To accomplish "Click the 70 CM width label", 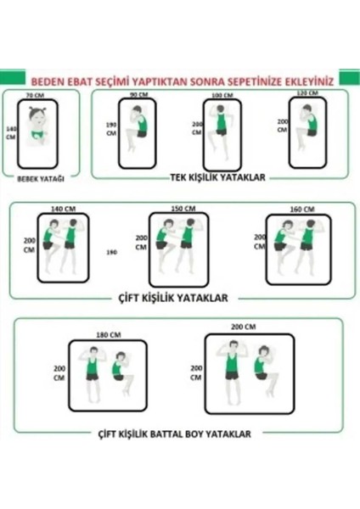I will [34, 96].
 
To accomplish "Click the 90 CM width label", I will [135, 95].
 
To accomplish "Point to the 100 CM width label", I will [221, 95].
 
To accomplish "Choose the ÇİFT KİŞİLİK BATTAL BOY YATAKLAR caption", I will [172, 433].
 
